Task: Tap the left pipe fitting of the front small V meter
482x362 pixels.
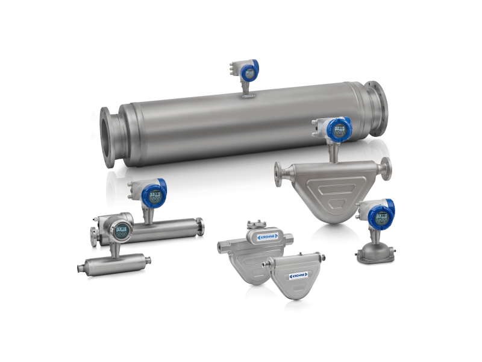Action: [265, 265]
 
